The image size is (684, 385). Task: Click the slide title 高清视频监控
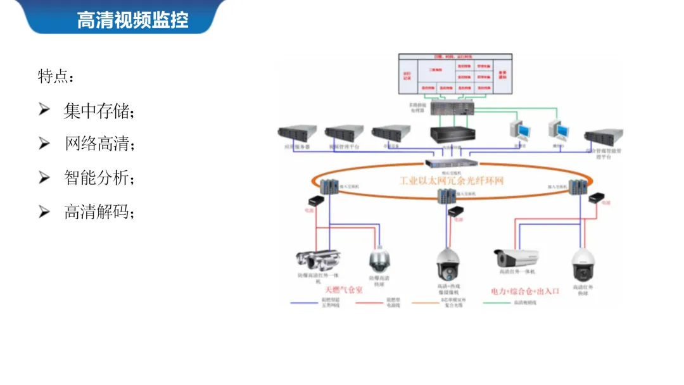pyautogui.click(x=132, y=20)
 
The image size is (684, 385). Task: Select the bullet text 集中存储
pyautogui.click(x=98, y=111)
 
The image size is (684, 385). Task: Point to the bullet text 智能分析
pyautogui.click(x=98, y=178)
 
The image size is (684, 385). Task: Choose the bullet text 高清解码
pyautogui.click(x=98, y=211)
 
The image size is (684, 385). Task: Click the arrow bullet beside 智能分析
pyautogui.click(x=44, y=178)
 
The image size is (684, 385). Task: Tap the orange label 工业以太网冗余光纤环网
pyautogui.click(x=452, y=181)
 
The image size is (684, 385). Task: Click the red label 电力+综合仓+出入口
pyautogui.click(x=526, y=291)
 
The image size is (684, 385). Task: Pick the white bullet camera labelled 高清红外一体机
pyautogui.click(x=516, y=258)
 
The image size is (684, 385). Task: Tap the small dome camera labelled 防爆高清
pyautogui.click(x=380, y=260)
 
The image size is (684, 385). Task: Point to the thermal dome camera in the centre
pyautogui.click(x=447, y=264)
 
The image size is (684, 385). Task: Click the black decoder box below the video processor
pyautogui.click(x=453, y=134)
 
